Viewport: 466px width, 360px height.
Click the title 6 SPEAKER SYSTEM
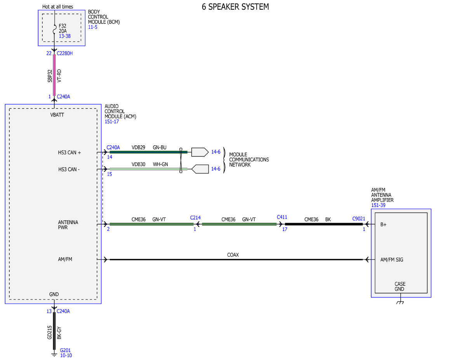coord(235,7)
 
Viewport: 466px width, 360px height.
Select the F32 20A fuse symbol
coord(55,29)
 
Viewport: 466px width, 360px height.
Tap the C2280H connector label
coord(64,53)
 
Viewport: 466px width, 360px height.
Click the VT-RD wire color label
coord(59,76)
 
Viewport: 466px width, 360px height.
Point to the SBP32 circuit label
coord(50,76)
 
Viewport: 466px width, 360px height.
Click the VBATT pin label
coord(57,115)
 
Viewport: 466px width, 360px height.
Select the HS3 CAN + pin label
coord(69,153)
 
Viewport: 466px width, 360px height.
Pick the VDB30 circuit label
coord(138,164)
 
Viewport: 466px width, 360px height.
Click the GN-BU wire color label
coord(160,147)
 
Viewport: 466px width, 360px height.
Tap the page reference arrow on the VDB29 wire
coord(200,152)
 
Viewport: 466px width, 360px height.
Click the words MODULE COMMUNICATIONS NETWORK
coord(249,160)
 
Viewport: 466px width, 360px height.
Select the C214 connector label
coord(195,217)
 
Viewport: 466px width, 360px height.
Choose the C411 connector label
coord(282,217)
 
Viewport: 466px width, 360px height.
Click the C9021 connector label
coord(358,219)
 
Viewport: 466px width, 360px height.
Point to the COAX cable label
coord(233,255)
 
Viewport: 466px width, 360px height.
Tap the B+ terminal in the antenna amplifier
coord(383,224)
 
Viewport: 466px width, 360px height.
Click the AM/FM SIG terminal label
coord(391,260)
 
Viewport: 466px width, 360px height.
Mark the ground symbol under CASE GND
coord(400,302)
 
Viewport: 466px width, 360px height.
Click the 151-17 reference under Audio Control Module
coord(111,122)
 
